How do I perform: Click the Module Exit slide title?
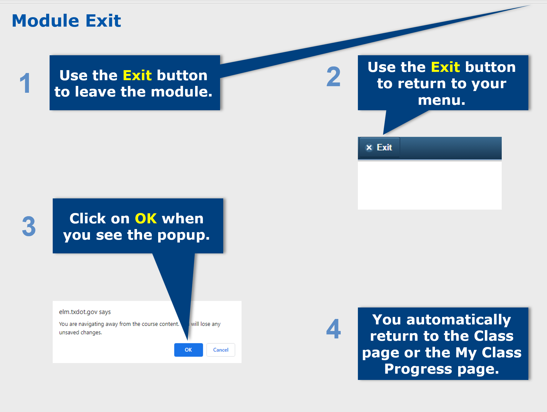click(x=66, y=21)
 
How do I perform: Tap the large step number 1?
click(x=26, y=83)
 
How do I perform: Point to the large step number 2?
click(x=334, y=76)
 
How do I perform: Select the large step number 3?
click(x=29, y=226)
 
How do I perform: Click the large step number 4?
click(x=334, y=328)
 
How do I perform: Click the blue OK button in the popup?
click(x=189, y=350)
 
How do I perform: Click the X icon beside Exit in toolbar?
click(x=369, y=147)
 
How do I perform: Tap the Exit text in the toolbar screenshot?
click(x=384, y=147)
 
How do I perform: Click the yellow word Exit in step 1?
click(x=137, y=75)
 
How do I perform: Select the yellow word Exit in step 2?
click(x=446, y=67)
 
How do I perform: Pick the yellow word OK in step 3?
click(x=146, y=218)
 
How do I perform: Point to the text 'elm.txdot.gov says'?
click(x=85, y=312)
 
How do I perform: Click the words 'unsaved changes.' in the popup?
click(x=81, y=332)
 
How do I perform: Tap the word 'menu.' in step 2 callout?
click(x=442, y=100)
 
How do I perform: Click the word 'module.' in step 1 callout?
click(x=182, y=92)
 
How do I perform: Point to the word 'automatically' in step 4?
click(x=459, y=320)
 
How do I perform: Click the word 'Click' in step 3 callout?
click(x=88, y=218)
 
